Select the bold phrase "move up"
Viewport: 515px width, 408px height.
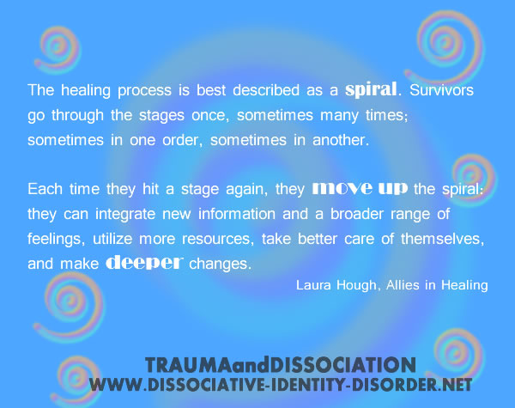350,186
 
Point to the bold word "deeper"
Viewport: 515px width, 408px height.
143,263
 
